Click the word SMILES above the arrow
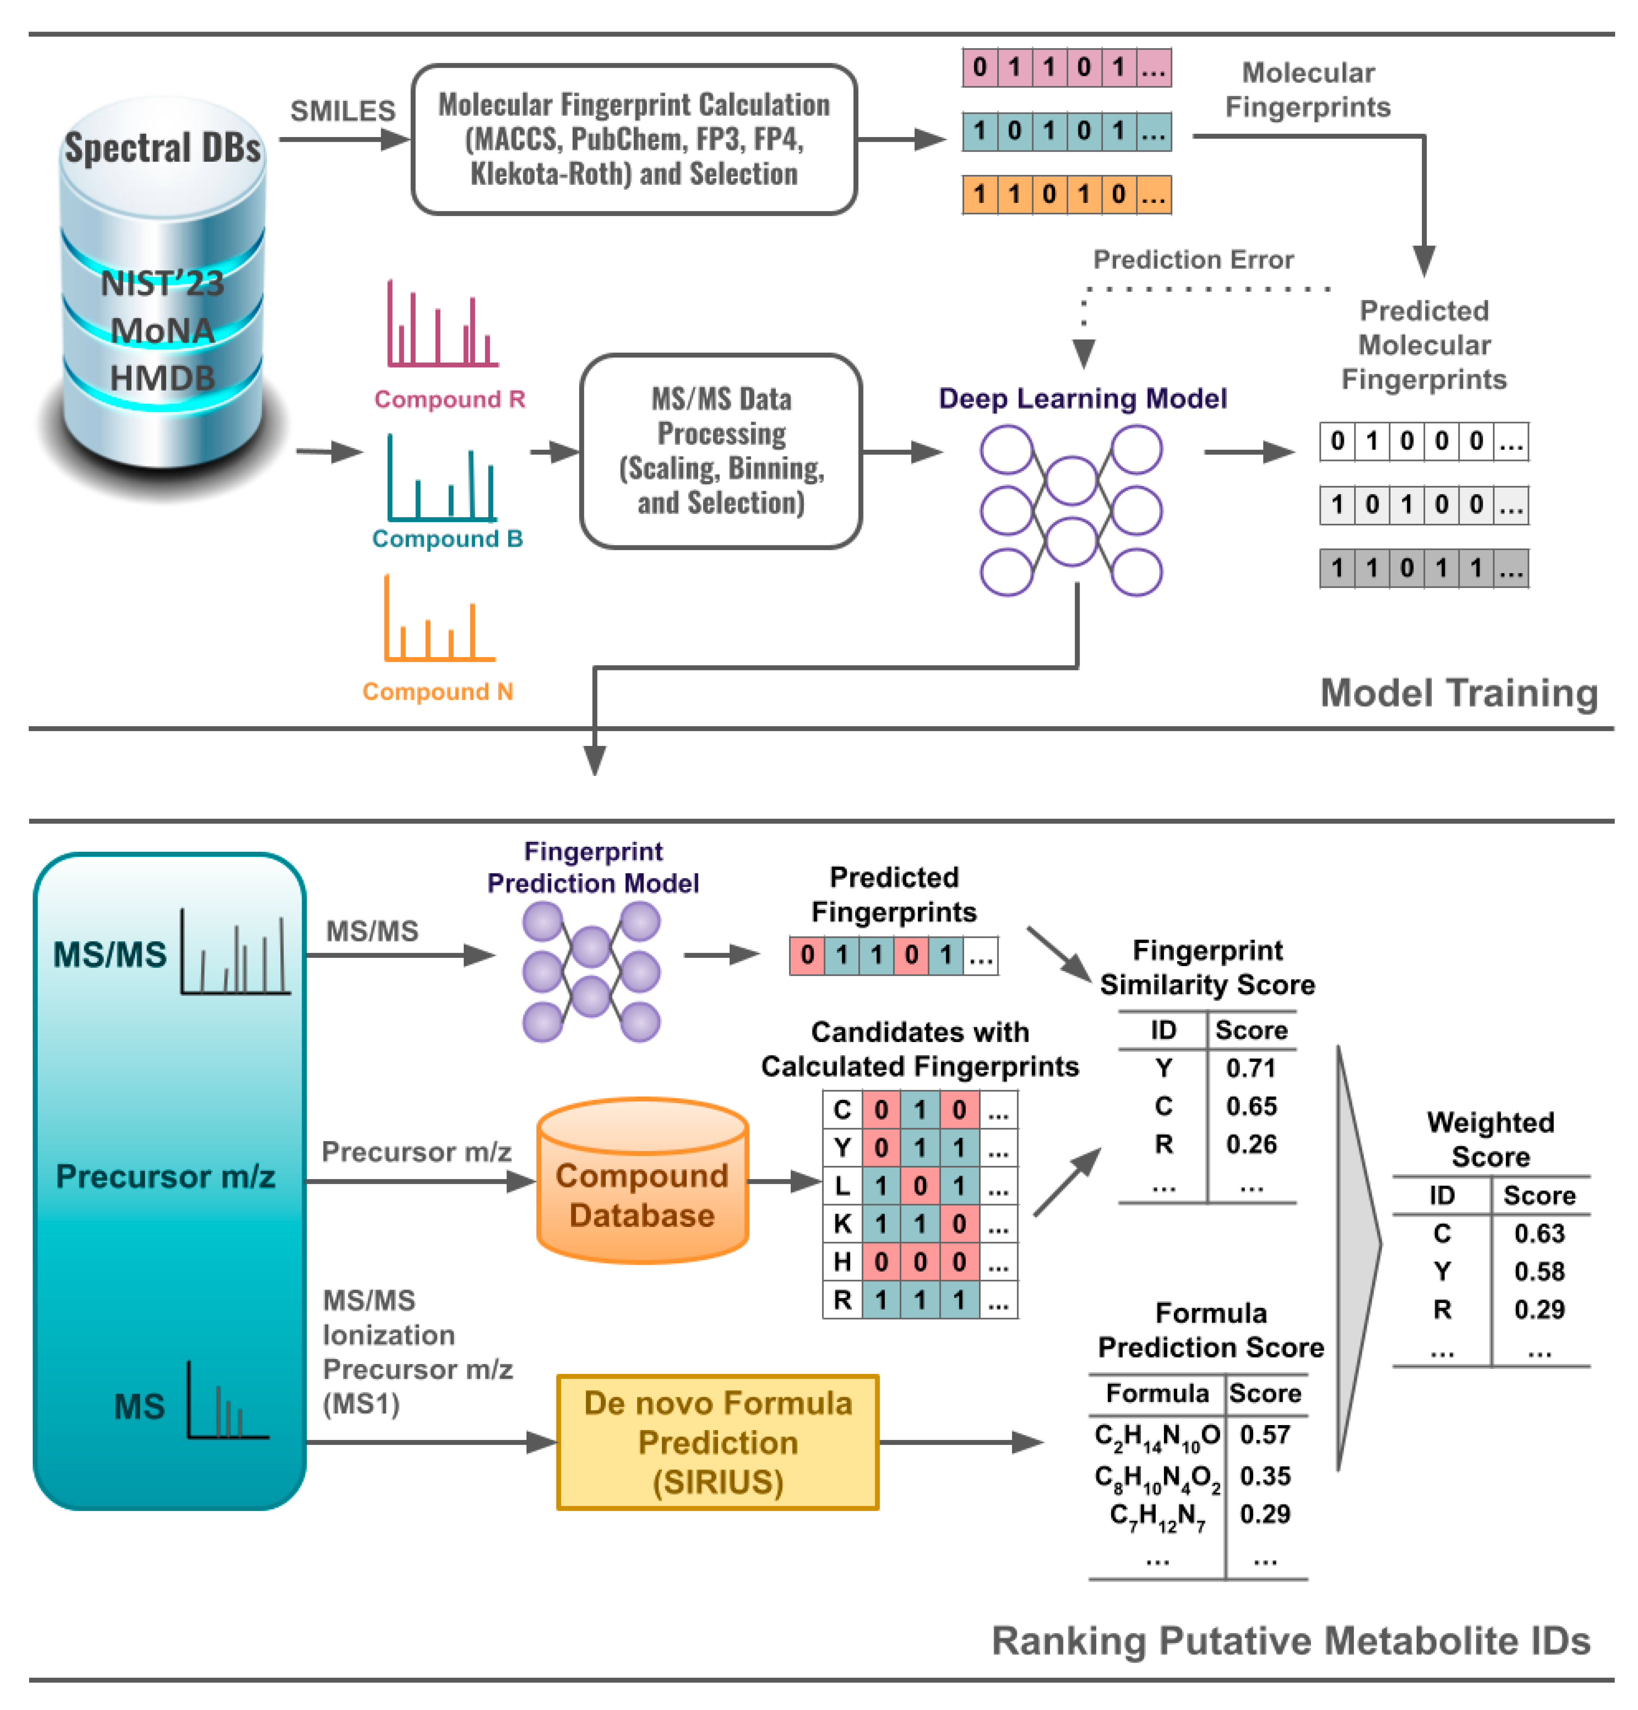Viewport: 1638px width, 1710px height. [342, 111]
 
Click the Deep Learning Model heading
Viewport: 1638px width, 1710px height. [1082, 399]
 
